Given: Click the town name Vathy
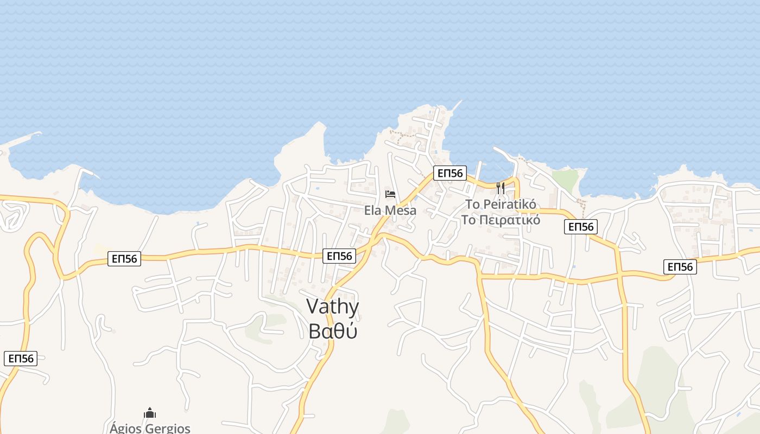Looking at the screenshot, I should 333,307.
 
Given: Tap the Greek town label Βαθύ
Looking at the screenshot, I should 333,330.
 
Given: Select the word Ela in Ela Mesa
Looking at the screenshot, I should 373,210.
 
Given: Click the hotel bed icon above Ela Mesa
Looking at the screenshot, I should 390,194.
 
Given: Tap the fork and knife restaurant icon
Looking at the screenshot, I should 501,188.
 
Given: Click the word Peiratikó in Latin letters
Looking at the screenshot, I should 509,205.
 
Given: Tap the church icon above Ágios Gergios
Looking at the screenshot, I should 150,413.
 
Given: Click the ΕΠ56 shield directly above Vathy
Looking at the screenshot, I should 339,256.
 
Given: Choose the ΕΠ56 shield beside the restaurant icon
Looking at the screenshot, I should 450,174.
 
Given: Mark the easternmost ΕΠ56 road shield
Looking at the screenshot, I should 680,267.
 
